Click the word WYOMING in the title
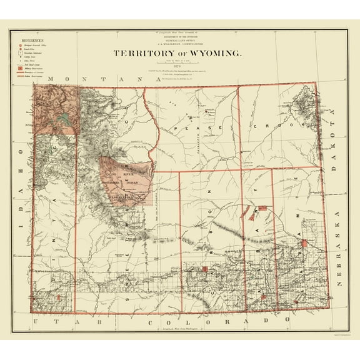pos(211,54)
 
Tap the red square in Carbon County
pos(204,270)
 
